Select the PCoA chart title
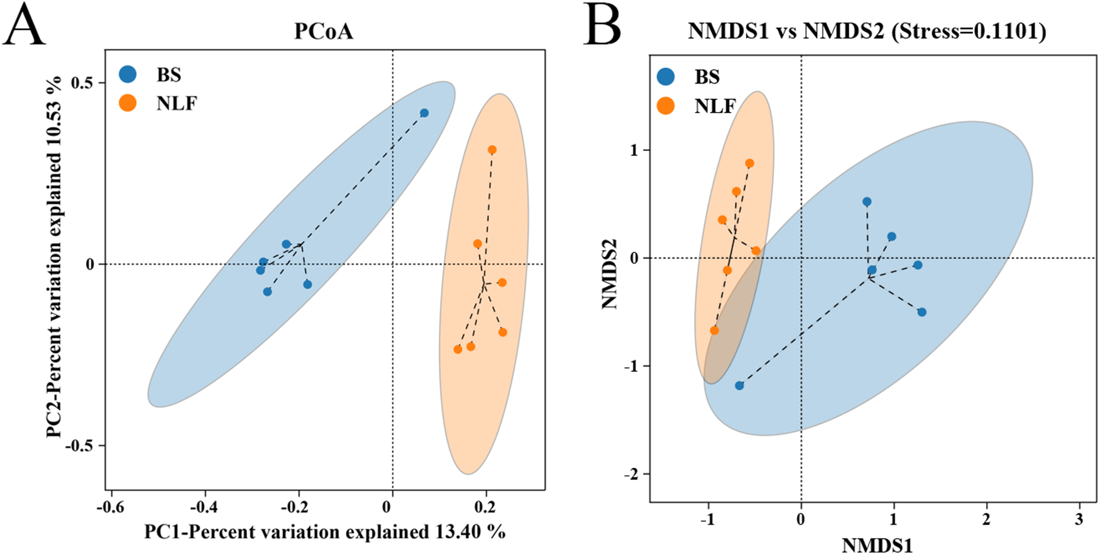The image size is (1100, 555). click(x=324, y=31)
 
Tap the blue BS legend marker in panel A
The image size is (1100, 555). click(x=128, y=74)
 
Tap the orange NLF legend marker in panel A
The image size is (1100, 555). click(x=128, y=103)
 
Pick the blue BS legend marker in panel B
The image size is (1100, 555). click(x=666, y=77)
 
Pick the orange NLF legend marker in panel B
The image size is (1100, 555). click(x=666, y=106)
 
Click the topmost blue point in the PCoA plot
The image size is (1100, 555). click(x=424, y=113)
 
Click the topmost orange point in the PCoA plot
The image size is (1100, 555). click(x=492, y=150)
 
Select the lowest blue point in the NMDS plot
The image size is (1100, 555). click(x=739, y=386)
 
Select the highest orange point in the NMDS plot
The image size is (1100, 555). click(x=749, y=164)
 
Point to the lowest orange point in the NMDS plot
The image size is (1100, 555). click(x=714, y=330)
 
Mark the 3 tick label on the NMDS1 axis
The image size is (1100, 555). click(x=1079, y=520)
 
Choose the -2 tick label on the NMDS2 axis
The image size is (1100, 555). click(x=630, y=474)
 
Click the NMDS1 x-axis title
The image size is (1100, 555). click(x=877, y=544)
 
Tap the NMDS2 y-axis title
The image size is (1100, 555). click(x=609, y=274)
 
